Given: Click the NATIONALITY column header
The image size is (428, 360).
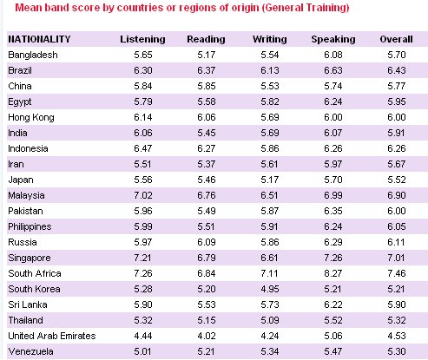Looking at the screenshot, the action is [x=39, y=39].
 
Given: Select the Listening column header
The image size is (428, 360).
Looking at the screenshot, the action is [x=142, y=40].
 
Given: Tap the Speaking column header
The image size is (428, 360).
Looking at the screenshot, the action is [x=333, y=40].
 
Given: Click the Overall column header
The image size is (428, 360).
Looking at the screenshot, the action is [x=397, y=39].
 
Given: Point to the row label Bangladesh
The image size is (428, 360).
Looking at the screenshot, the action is [x=33, y=55].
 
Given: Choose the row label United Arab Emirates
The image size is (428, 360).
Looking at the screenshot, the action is [x=52, y=336].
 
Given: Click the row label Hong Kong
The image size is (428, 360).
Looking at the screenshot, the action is [x=31, y=118].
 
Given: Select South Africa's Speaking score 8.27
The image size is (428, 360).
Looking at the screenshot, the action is [x=333, y=273].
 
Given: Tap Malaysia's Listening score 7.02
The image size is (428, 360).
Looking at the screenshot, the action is [x=143, y=195].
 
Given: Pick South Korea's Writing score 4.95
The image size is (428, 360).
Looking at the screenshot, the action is [x=270, y=289].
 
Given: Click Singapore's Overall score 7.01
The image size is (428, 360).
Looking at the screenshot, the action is [x=397, y=258].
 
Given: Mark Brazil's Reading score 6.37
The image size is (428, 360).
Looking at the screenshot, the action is [x=207, y=70].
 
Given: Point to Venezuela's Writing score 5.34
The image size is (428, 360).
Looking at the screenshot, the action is [x=270, y=351].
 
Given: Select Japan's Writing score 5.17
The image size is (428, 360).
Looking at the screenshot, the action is [x=270, y=180].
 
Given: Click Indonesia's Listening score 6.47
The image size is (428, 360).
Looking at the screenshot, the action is [x=143, y=148].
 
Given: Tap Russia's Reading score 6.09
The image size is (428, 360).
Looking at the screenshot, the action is [x=207, y=242].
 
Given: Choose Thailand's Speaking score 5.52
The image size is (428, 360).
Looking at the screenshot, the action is [x=333, y=320].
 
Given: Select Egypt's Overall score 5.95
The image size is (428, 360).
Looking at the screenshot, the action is [x=397, y=101].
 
